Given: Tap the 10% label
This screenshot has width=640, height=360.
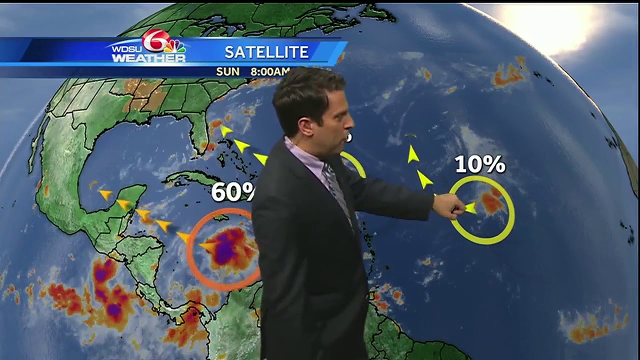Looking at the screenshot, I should click(x=480, y=164).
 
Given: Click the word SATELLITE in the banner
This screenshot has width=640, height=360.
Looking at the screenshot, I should click(x=266, y=52).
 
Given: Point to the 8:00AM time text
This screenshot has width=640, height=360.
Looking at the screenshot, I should click(x=270, y=71).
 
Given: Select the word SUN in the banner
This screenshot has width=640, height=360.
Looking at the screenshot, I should click(x=227, y=71).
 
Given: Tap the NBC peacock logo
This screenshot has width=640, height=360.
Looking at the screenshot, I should click(x=175, y=46).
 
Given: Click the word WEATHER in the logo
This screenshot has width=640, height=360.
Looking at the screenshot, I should click(x=148, y=58).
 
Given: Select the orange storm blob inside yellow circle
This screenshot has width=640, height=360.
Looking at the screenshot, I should click(x=492, y=202).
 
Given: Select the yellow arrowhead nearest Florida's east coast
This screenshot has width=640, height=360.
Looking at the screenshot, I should click(x=226, y=131).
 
